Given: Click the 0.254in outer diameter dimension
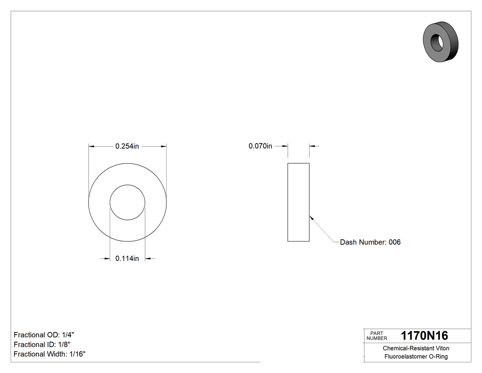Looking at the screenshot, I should pos(127,146).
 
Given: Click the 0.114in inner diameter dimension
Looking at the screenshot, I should pos(127,259).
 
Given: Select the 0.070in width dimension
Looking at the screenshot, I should pos(260,146).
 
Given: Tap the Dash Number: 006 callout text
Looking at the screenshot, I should pos(370,242).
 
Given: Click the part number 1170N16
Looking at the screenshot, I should pos(424,335).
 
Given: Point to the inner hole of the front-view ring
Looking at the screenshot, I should pos(127,203).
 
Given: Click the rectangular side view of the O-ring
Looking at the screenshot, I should pos(298,202).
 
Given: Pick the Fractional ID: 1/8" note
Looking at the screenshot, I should pos(42,344).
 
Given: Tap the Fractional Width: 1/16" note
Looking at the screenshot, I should pos(50,354).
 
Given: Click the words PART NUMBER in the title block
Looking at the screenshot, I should pos(376,336).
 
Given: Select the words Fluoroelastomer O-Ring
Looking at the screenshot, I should pos(416,356).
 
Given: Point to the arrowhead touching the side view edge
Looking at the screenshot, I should pos(311,218).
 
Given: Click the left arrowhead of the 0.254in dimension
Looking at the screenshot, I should pos(91,146).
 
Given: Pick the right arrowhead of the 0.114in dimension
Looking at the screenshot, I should pos(148,259).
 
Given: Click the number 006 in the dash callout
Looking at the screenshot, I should pos(394,242).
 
